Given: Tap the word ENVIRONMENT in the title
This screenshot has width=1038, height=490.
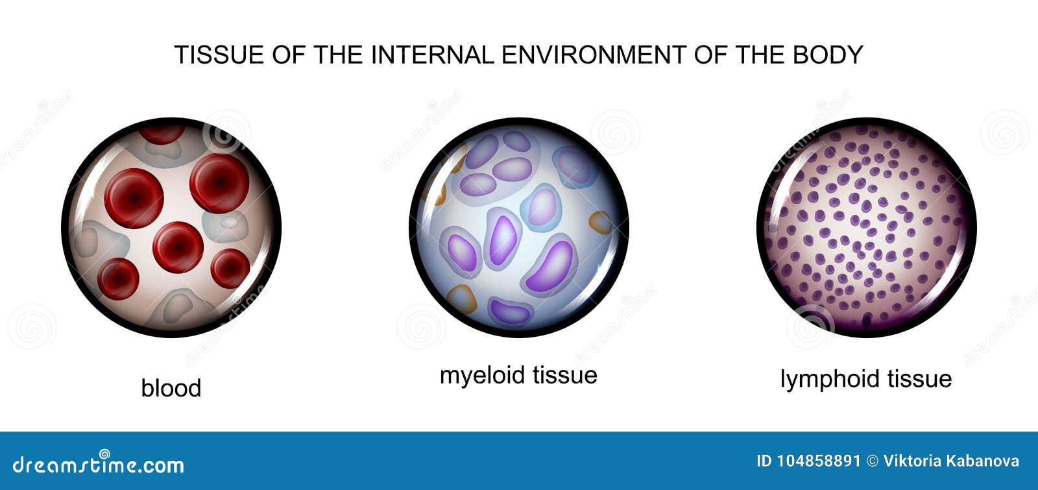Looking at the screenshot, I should [x=592, y=55].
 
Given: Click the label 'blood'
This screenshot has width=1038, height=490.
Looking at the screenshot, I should [x=171, y=388].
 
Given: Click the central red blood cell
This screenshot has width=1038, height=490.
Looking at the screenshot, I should [x=178, y=247].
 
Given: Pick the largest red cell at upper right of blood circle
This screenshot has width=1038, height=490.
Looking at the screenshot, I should [x=219, y=183].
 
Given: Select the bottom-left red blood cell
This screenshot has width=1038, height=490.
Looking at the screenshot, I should [x=118, y=278].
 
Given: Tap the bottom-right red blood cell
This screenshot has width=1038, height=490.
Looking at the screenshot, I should [x=230, y=268].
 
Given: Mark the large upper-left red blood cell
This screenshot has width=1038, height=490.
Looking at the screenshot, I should [x=134, y=198].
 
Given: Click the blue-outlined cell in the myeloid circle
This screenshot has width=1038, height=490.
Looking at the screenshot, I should [x=541, y=208].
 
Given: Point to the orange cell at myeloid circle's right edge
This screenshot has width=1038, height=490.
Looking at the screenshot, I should [x=601, y=223].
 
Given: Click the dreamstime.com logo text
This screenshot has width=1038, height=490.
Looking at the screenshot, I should [x=99, y=464].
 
